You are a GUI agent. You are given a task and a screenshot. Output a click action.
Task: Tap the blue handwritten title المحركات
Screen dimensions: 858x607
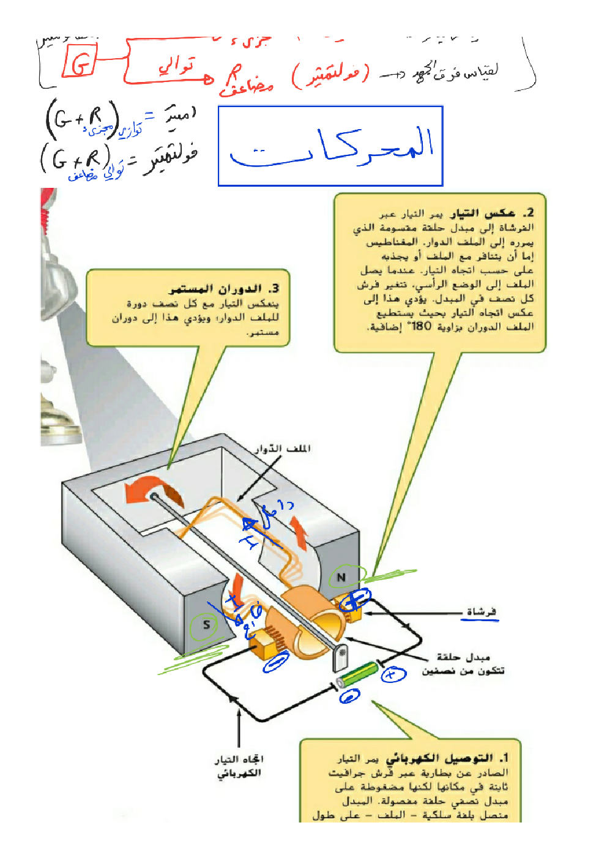tap(331, 147)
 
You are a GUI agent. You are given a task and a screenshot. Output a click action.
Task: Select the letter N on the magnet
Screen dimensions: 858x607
tap(341, 577)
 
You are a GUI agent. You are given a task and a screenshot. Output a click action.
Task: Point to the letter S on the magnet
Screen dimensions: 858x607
tap(207, 625)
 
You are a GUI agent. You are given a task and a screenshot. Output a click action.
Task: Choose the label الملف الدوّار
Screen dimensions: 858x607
tap(283, 449)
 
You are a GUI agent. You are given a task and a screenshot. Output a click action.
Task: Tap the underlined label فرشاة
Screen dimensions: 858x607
tap(481, 612)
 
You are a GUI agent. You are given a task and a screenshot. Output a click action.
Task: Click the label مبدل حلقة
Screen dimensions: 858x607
tap(463, 657)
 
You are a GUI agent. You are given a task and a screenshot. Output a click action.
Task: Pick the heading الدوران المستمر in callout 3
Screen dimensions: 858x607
tap(215, 288)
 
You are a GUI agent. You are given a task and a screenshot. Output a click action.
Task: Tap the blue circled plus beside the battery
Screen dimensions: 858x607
tap(393, 674)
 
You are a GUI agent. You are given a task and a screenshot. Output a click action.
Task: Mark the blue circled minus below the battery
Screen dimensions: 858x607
tap(349, 696)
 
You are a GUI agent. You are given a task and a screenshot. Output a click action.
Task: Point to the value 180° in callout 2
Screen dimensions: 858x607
tap(421, 326)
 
